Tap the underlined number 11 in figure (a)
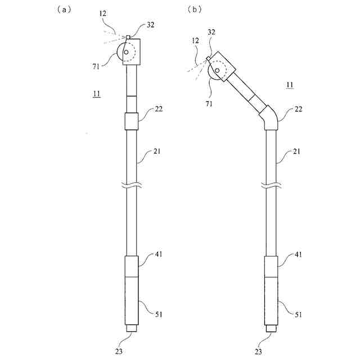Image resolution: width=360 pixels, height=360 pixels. point(96,94)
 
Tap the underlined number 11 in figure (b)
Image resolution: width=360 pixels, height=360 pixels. point(289,85)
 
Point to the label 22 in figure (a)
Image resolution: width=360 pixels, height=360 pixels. point(159,110)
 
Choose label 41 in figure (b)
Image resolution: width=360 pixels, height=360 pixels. point(298,255)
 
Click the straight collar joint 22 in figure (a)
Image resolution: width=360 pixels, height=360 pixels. point(131,121)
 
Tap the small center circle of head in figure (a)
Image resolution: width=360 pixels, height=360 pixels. point(127,53)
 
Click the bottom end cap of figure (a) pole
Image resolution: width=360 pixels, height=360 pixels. point(131,328)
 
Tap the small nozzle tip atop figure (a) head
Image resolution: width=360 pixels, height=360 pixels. point(128,38)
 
